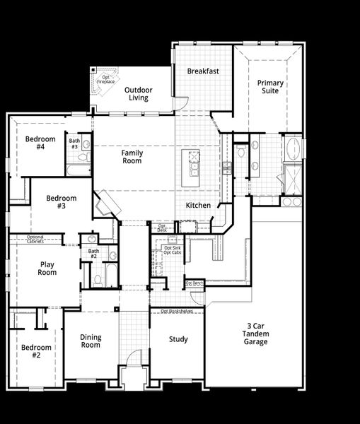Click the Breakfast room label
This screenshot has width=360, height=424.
coord(203,71)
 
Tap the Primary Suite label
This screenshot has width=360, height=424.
coord(270,88)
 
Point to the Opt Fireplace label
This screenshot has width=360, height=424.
coord(105,80)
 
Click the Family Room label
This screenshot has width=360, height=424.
coord(132,157)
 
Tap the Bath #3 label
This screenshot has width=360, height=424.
coord(74,143)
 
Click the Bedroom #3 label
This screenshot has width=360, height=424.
coord(61,202)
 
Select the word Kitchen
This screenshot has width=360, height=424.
coord(198,205)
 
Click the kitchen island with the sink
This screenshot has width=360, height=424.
coord(190,168)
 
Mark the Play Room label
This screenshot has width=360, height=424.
coord(47,269)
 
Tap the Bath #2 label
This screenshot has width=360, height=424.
coord(93,254)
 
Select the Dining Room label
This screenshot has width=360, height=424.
coord(90,341)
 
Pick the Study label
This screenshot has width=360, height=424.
coord(178,339)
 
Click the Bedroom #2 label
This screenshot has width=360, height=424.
coord(35,351)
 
